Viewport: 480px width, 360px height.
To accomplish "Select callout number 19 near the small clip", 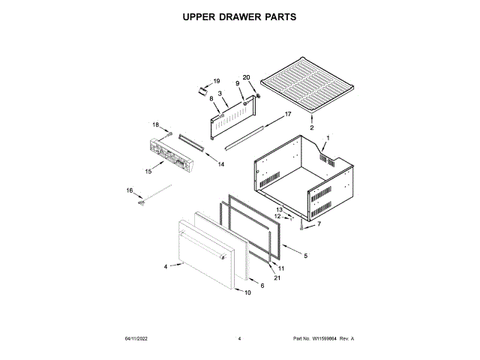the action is pos(216,81).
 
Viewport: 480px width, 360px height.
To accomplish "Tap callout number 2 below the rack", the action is pos(312,128).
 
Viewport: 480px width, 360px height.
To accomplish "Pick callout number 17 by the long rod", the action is pos(286,115).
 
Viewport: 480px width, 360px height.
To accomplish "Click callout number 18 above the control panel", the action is pos(157,124).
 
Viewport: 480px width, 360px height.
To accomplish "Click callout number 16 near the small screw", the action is pos(129,191).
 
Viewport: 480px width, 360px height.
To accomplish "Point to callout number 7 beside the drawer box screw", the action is pos(318,223).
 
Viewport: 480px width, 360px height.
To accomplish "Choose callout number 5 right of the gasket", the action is pos(305,256).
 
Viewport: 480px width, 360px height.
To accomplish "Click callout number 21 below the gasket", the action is pos(277,278).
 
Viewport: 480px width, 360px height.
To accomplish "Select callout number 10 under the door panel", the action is pos(248,292).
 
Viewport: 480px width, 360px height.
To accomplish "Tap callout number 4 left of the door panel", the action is pos(166,266).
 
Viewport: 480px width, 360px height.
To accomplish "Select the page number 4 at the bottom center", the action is pos(239,339).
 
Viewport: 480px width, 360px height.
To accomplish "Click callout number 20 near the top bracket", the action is pos(246,77).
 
